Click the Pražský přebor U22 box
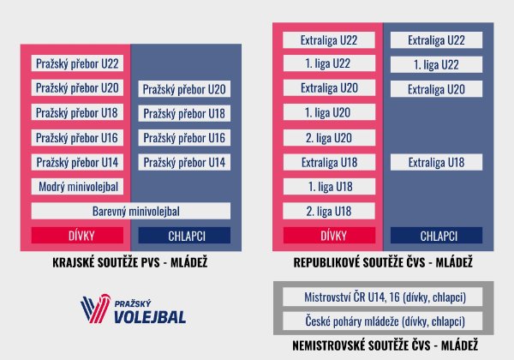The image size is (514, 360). click(79, 64)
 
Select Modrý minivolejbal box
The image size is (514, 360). click(79, 187)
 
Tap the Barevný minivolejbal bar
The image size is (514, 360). click(130, 211)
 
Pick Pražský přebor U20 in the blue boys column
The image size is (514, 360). click(184, 89)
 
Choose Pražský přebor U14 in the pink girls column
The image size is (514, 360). click(79, 162)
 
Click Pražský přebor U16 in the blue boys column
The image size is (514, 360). click(184, 138)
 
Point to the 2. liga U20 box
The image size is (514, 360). click(328, 137)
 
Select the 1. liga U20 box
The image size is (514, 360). click(328, 113)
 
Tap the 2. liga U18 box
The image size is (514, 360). click(328, 211)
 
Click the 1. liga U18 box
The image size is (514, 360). click(328, 186)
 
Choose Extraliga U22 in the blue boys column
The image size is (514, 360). click(436, 40)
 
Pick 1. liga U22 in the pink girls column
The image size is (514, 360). click(328, 64)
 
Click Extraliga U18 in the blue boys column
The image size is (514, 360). click(436, 162)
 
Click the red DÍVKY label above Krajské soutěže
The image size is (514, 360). click(79, 235)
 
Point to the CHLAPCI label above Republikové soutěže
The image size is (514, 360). click(436, 235)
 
